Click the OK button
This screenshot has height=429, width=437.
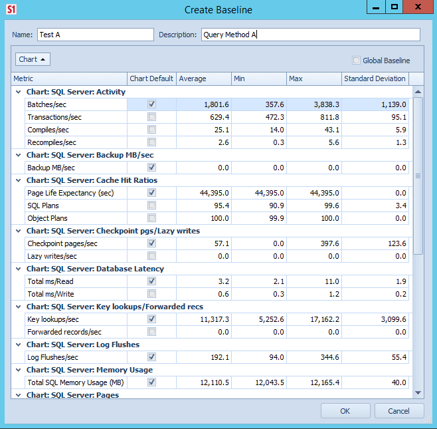pyautogui.click(x=345, y=411)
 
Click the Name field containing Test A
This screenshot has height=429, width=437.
pyautogui.click(x=95, y=35)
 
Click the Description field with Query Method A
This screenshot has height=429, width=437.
pyautogui.click(x=311, y=35)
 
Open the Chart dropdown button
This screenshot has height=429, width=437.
pyautogui.click(x=33, y=59)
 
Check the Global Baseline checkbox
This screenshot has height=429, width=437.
pyautogui.click(x=357, y=61)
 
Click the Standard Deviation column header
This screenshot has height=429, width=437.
pyautogui.click(x=375, y=78)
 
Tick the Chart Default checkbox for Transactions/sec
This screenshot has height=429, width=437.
pyautogui.click(x=152, y=117)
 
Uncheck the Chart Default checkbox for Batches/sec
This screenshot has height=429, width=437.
pyautogui.click(x=152, y=104)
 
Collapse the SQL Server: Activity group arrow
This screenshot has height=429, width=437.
pyautogui.click(x=19, y=92)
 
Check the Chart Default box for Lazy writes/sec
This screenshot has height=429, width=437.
pyautogui.click(x=152, y=256)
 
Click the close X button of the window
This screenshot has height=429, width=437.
pyautogui.click(x=416, y=7)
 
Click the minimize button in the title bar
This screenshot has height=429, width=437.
pyautogui.click(x=377, y=7)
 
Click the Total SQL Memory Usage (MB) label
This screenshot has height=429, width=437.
pyautogui.click(x=75, y=382)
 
